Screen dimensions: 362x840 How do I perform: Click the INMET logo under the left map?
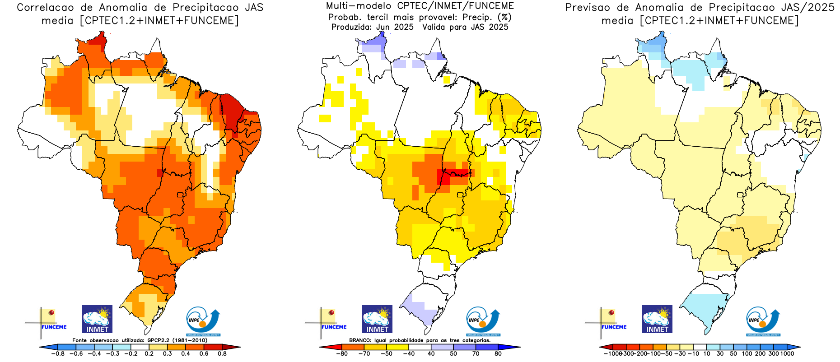pyautogui.click(x=97, y=319)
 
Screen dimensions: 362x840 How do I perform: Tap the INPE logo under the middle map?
pyautogui.click(x=483, y=321)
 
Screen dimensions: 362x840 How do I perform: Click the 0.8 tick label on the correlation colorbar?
pyautogui.click(x=222, y=354)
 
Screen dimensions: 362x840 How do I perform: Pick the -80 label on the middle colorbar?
pyautogui.click(x=342, y=354)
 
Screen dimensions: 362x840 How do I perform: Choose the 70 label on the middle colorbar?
pyautogui.click(x=476, y=354)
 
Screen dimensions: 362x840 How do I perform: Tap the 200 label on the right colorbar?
pyautogui.click(x=761, y=354)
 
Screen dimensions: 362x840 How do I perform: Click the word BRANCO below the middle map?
pyautogui.click(x=360, y=340)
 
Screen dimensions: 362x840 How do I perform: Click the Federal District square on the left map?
pyautogui.click(x=180, y=195)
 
